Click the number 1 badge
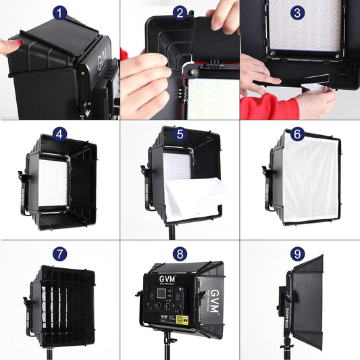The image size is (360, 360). [60, 13]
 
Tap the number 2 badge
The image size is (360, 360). [180, 13]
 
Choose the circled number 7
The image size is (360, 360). [60, 254]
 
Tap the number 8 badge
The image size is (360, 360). [180, 254]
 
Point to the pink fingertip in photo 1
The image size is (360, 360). [5, 47]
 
